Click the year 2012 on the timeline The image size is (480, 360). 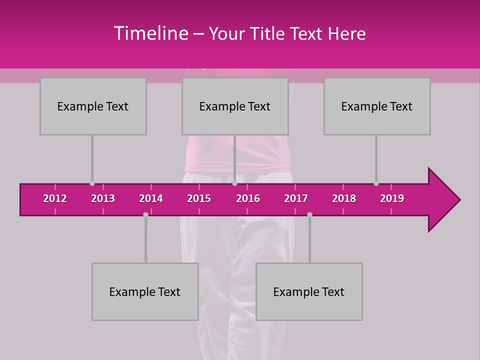55,198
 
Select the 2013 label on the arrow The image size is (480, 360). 103,198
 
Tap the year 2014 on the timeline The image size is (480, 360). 151,198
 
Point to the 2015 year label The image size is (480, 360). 199,198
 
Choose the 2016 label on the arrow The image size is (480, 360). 248,198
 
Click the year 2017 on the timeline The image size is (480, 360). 296,198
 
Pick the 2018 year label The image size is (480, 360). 344,198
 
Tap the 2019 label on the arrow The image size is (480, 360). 392,198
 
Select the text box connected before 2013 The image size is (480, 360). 93,106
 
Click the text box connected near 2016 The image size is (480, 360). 235,106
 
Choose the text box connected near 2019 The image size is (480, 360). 377,106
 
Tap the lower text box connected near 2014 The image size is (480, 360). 145,291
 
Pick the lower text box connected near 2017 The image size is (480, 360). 309,291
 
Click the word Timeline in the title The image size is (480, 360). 150,33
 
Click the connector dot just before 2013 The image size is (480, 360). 92,183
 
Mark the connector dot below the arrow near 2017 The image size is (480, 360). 309,214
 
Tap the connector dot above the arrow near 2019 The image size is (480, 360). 376,183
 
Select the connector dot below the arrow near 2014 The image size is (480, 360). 145,214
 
